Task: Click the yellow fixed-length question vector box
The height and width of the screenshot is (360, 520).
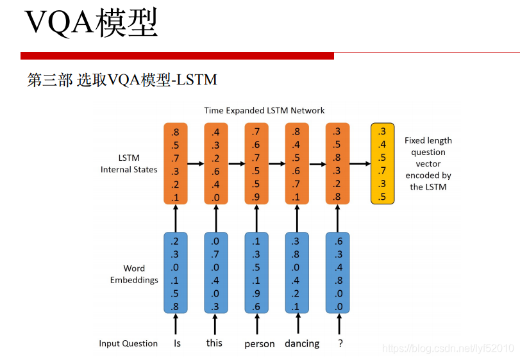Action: (x=383, y=163)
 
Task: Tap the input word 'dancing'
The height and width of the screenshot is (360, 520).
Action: (x=302, y=343)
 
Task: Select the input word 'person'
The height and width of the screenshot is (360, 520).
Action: (x=259, y=343)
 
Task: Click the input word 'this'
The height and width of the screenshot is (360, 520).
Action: (x=214, y=343)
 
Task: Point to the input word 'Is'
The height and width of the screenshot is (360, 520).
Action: (x=177, y=343)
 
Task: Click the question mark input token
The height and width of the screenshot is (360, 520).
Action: (x=340, y=343)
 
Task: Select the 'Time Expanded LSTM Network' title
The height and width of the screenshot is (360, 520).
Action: (x=264, y=110)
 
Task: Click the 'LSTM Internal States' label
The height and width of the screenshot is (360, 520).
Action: (x=129, y=163)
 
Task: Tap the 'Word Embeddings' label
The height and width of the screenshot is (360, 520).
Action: (x=134, y=274)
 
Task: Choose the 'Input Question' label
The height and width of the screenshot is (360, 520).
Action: (x=128, y=343)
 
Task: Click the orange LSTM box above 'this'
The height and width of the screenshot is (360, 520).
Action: (x=216, y=163)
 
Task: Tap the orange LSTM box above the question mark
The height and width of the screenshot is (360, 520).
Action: (x=337, y=163)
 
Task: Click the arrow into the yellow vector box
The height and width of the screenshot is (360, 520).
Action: (x=360, y=163)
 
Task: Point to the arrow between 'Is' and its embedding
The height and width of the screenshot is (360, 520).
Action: (x=176, y=325)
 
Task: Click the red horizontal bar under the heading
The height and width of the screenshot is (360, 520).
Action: (x=177, y=56)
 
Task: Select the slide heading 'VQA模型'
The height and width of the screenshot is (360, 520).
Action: (x=91, y=24)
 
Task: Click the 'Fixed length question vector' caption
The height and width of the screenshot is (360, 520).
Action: (x=428, y=163)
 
